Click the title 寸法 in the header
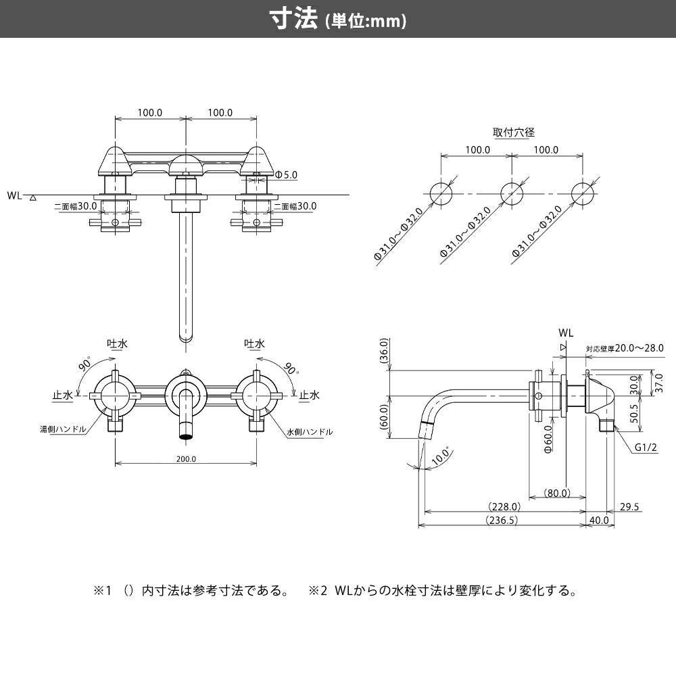coord(293,19)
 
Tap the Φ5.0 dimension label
coord(286,175)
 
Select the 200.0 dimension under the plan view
coord(186,459)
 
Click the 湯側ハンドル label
coord(62,429)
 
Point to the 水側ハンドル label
coord(310,431)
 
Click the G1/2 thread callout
coord(646,447)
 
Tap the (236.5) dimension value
coord(501,520)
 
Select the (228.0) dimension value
coord(504,506)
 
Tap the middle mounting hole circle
coord(512,193)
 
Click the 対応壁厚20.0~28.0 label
coord(625,348)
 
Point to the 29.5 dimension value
coord(629,506)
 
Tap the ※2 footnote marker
coord(318,591)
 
